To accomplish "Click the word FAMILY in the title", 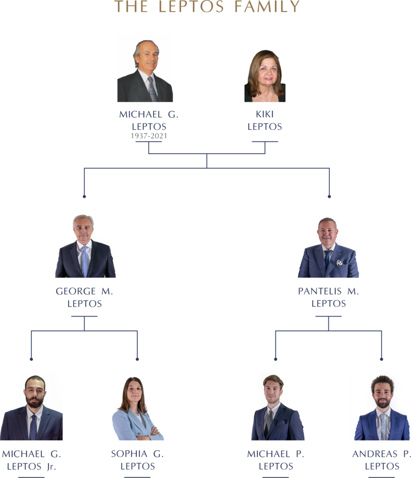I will pos(267,7).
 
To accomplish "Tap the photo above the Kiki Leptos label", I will pos(265,76).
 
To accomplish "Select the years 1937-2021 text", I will pos(148,136).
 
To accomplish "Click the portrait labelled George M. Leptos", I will pos(84,243).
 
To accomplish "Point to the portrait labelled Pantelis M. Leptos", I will pos(329,243).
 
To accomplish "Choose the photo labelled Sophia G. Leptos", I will pos(137,406).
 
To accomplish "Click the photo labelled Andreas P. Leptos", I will pos(381,406).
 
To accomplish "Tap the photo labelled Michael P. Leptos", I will pos(276,406).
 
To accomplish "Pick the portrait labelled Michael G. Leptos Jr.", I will pos(31,406).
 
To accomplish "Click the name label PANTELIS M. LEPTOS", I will pos(329,297).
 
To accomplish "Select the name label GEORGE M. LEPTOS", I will pos(84,297).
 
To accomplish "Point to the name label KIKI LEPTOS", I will pos(265,120).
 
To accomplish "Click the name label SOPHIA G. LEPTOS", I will pos(137,460).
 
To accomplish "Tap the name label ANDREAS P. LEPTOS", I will pos(382,460).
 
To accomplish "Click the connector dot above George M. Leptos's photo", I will pos(84,197).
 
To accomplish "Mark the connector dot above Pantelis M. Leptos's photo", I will pos(329,197).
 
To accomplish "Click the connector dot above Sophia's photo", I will pos(137,359).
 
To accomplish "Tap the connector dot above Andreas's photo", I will pos(381,359).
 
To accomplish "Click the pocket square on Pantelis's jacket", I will pos(340,262).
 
